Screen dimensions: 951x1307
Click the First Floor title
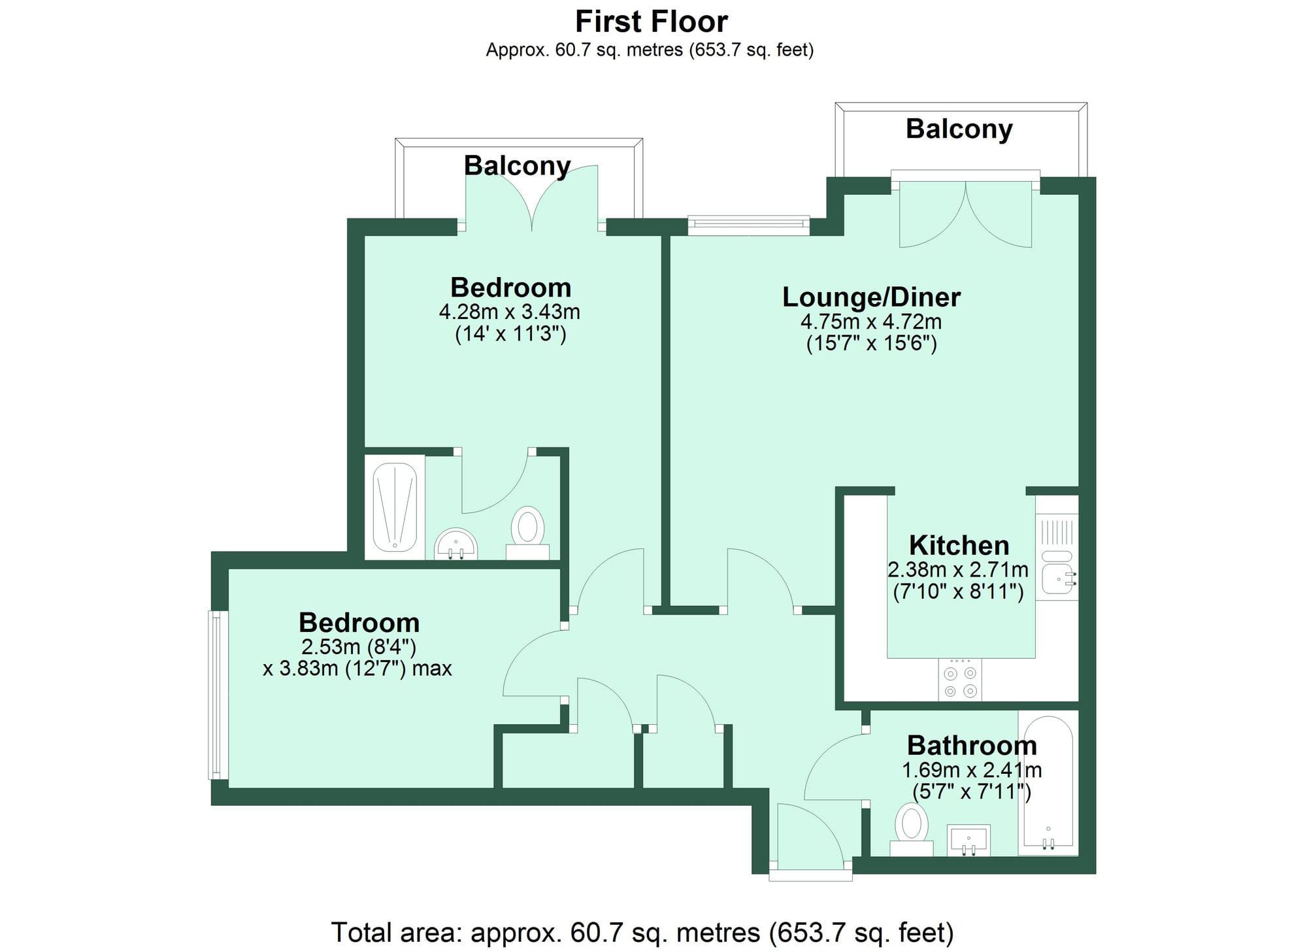(x=651, y=22)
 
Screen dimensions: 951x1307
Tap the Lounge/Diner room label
(x=871, y=297)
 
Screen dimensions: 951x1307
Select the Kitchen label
(x=959, y=545)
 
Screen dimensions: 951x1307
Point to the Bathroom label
(x=972, y=745)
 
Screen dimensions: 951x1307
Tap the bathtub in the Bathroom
(x=1048, y=784)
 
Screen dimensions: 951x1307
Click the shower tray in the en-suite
(x=395, y=507)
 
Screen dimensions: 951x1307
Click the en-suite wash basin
(x=455, y=544)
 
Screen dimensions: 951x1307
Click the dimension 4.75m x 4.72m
(x=871, y=322)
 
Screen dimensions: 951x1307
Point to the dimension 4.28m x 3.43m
(x=509, y=312)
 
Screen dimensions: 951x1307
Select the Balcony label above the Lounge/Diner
(x=959, y=129)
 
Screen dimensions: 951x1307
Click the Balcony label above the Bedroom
(x=517, y=165)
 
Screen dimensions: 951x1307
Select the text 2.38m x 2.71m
(x=957, y=570)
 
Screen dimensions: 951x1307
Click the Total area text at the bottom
(x=642, y=932)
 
